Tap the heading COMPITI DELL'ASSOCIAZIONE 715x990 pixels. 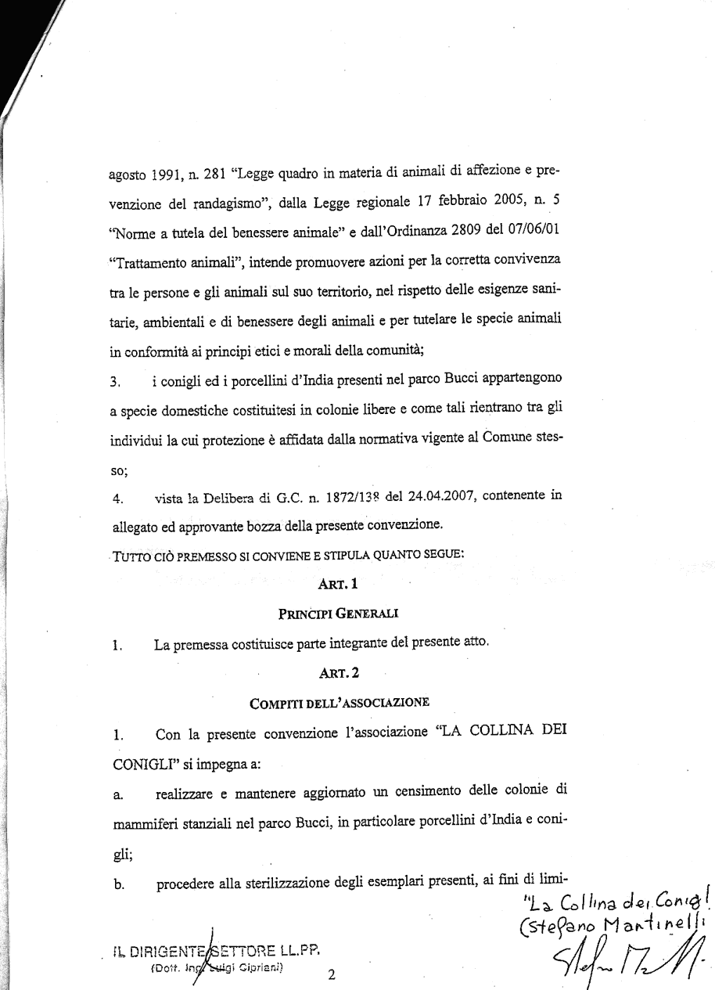[339, 702]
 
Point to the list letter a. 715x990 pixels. [116, 796]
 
